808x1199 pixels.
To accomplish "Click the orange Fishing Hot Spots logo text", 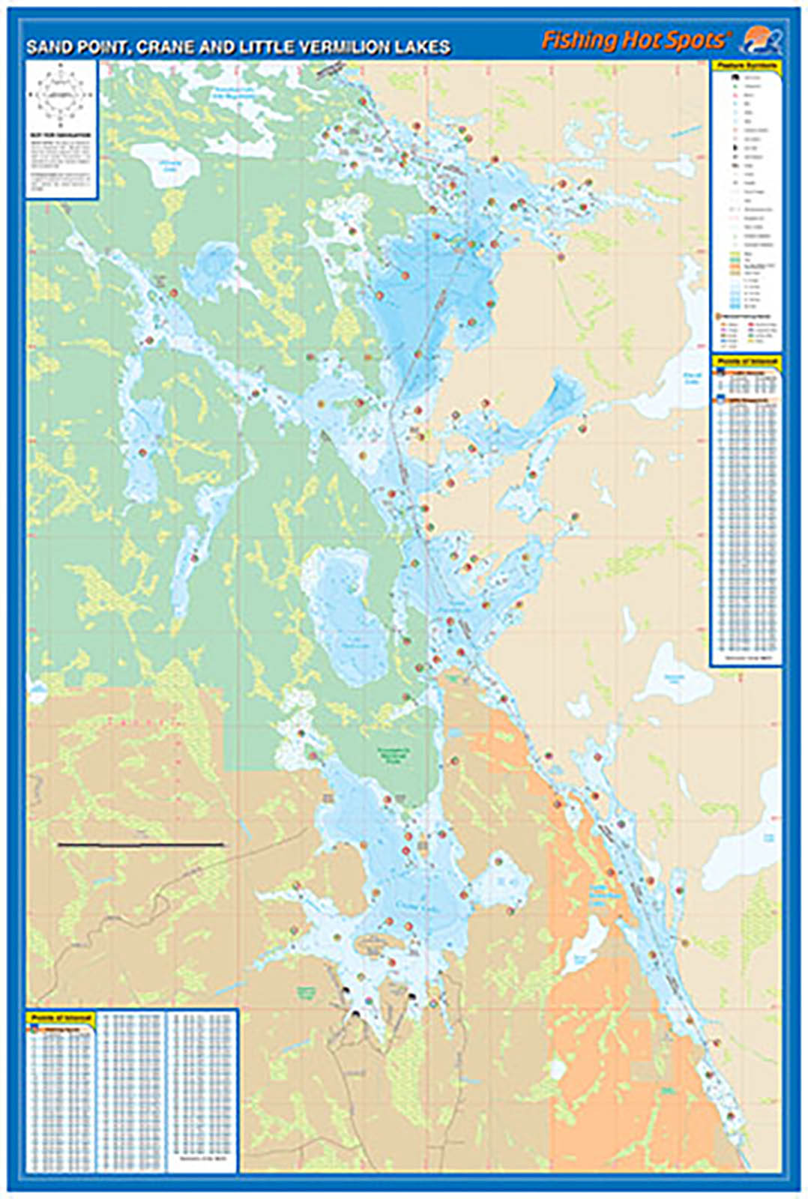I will point(633,40).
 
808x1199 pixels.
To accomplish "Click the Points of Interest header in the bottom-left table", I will point(62,1018).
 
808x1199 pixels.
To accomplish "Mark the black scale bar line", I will point(141,845).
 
